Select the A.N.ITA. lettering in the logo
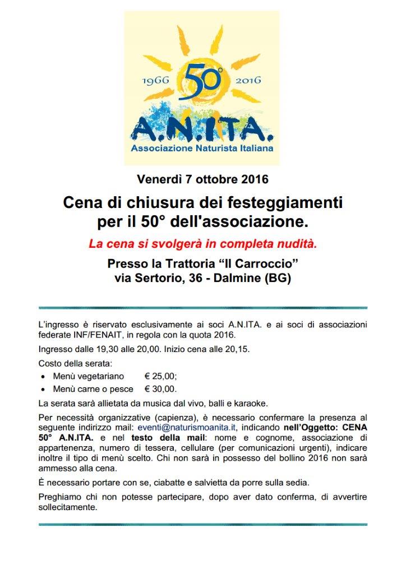(x=202, y=130)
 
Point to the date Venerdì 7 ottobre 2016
(x=202, y=180)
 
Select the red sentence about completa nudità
(x=202, y=244)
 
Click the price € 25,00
(x=160, y=376)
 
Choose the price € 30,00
(x=160, y=389)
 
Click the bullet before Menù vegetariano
(x=44, y=377)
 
